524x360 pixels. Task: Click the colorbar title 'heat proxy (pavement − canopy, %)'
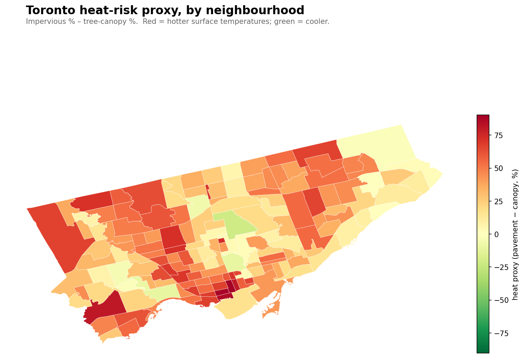(x=515, y=234)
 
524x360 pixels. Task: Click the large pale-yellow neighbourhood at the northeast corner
(x=377, y=145)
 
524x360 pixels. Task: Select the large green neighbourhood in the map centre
(x=239, y=225)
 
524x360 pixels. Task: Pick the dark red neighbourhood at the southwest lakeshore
(x=104, y=306)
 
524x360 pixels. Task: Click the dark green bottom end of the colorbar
(x=483, y=350)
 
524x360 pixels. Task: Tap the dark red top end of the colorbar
(x=483, y=118)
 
